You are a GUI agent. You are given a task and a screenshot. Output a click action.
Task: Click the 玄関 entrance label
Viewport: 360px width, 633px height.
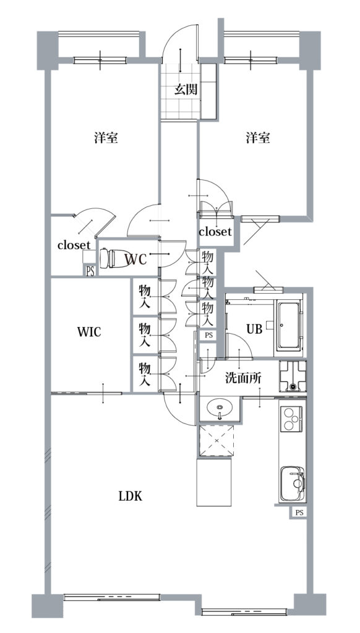point(186,90)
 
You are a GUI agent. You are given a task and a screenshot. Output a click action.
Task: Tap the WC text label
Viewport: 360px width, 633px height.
point(135,259)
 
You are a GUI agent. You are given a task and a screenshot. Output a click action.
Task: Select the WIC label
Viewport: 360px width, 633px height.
point(89,333)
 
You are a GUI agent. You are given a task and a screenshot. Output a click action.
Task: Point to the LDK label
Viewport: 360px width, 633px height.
point(130,496)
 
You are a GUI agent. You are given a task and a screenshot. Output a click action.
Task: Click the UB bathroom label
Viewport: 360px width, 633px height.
point(255,329)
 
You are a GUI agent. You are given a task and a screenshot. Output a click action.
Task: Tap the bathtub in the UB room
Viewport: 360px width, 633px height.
point(289,326)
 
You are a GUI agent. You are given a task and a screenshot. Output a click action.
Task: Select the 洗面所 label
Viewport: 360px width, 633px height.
point(243,378)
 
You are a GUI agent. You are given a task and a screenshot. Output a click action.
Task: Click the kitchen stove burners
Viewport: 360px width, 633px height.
point(292,418)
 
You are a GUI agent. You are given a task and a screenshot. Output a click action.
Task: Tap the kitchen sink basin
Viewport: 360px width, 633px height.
point(293,483)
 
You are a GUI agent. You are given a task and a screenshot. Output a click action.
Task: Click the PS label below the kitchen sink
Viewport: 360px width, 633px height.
point(299,513)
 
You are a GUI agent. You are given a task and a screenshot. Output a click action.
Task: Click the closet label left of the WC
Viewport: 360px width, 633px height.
point(74,245)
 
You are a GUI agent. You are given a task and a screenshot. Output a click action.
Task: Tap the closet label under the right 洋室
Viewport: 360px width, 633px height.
point(215,232)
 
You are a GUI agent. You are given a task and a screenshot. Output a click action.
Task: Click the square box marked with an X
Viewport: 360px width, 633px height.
point(217,440)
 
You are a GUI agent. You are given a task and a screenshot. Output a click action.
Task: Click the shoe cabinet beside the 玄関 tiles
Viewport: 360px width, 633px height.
point(209,91)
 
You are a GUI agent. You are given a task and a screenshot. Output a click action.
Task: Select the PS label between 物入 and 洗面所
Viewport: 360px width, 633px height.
point(208,335)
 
